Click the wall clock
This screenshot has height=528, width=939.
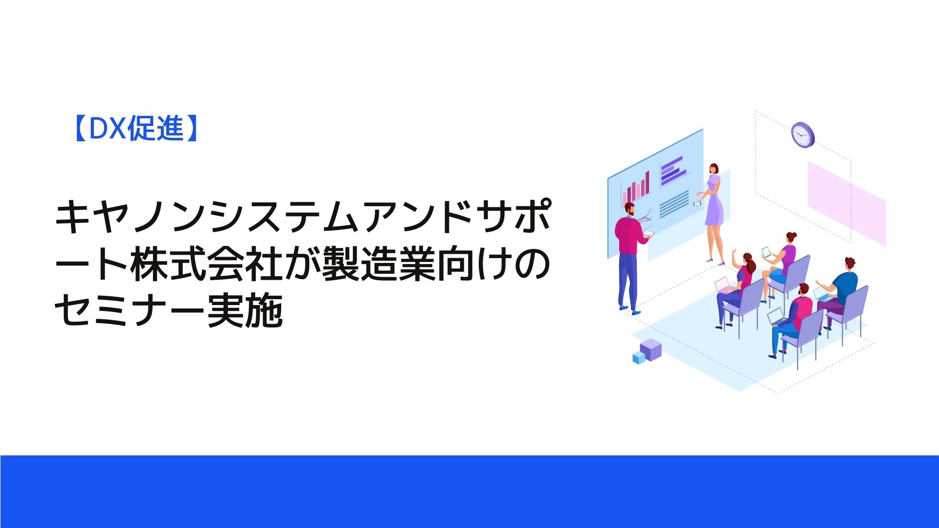[803, 134]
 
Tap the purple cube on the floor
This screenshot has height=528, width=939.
[650, 349]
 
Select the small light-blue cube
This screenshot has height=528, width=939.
[639, 357]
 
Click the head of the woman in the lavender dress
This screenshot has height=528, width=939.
[715, 169]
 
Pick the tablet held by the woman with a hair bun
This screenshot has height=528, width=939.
[766, 253]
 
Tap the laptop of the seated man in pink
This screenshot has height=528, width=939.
[776, 316]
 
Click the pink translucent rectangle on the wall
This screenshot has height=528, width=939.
[847, 203]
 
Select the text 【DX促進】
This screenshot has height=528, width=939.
[135, 129]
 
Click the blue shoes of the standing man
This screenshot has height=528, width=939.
[629, 310]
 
